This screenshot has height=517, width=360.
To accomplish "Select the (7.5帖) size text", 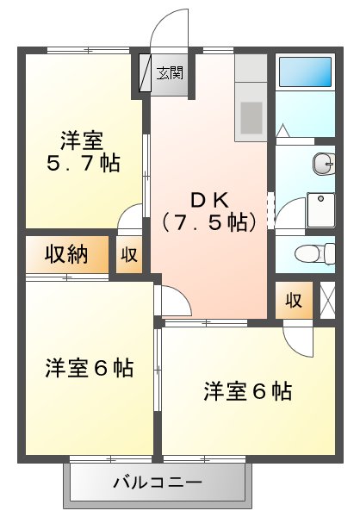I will [x=209, y=222].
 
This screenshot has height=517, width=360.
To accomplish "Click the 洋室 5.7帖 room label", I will [x=83, y=150].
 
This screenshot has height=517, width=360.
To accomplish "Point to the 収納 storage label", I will [x=66, y=254].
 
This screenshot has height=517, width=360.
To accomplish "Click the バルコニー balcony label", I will [x=158, y=483].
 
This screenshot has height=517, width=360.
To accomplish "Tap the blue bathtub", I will [x=305, y=71].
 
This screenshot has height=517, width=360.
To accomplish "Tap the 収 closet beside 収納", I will [x=128, y=254].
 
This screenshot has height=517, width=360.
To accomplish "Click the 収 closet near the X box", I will [x=293, y=300].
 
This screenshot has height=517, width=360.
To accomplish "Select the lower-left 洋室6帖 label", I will [x=90, y=369].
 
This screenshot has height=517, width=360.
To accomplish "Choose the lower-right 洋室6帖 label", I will [x=247, y=392].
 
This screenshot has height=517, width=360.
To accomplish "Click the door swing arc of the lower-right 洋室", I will [x=298, y=343].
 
